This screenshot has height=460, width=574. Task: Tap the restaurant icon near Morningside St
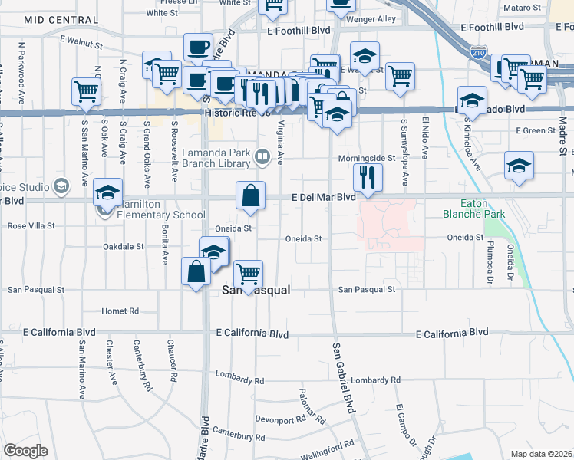(368, 178)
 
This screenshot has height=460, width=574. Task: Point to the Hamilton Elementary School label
(157, 215)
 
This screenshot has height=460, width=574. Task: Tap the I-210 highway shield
(478, 52)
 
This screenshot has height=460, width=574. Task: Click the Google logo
(25, 451)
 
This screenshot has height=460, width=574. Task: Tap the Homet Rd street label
(120, 311)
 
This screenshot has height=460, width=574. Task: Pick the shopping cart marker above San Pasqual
(248, 274)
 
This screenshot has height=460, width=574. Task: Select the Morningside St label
(368, 158)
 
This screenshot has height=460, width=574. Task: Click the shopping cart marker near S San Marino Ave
(86, 92)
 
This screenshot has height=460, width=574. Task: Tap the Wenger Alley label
(370, 18)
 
